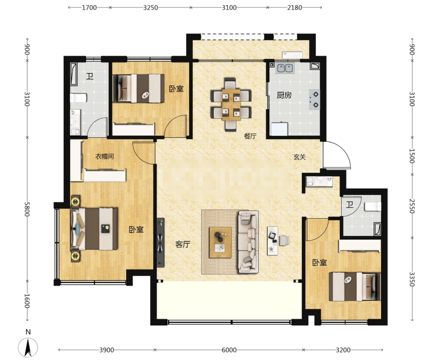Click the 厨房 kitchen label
(284, 95)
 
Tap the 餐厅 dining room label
(250, 136)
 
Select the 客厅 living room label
(183, 244)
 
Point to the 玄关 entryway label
(300, 157)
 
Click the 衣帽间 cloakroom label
(104, 156)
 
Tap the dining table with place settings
(231, 105)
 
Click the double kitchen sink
(285, 68)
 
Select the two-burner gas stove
(315, 100)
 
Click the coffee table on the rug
(220, 242)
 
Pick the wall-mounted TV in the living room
(161, 243)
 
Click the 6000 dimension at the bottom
(229, 350)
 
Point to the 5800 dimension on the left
(27, 209)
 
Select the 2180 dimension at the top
(295, 8)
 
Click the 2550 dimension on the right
(412, 206)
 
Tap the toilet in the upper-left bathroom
(78, 98)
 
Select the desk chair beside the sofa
(284, 240)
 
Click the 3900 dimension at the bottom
(107, 350)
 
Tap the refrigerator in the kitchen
(279, 129)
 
